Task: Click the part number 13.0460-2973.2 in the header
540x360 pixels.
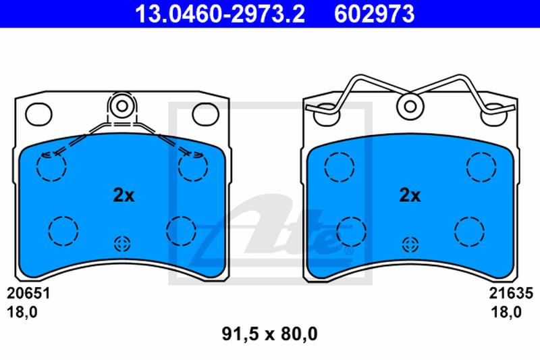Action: click(x=220, y=14)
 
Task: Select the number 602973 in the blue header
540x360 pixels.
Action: click(x=375, y=14)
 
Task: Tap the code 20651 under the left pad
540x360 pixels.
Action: click(x=28, y=294)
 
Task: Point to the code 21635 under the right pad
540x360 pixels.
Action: click(x=511, y=294)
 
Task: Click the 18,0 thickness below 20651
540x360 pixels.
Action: click(x=22, y=312)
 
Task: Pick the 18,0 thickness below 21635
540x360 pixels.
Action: click(x=506, y=312)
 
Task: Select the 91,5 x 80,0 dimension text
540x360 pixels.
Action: click(x=269, y=334)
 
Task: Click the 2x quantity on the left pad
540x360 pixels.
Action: click(x=124, y=195)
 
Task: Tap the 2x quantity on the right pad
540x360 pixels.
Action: click(x=410, y=195)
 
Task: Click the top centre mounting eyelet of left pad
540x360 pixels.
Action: click(x=122, y=106)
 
